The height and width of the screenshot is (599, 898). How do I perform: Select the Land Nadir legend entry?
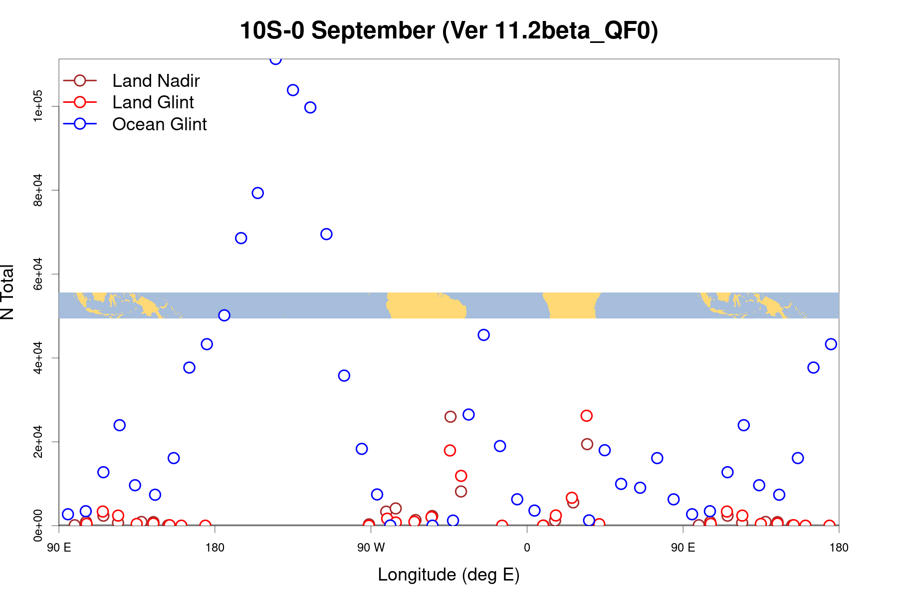[156, 81]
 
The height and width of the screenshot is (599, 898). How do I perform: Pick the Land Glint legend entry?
[153, 102]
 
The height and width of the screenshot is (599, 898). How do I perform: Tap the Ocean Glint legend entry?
[159, 124]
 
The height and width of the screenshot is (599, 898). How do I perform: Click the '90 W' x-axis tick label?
[371, 548]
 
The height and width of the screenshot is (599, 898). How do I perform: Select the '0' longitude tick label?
[527, 548]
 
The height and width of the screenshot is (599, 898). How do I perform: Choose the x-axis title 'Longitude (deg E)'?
[449, 575]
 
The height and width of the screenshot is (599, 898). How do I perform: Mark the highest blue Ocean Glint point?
[275, 59]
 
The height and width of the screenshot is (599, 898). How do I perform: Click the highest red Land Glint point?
[586, 416]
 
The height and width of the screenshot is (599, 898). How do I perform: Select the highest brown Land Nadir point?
[450, 417]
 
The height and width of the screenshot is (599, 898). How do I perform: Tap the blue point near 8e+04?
[257, 193]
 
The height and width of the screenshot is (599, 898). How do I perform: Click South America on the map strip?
[424, 305]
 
